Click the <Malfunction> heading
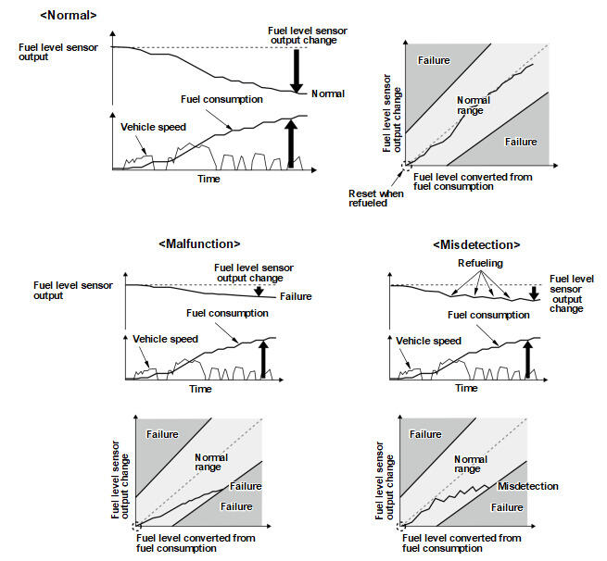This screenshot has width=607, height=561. click(x=199, y=243)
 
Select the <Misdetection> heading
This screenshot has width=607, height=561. click(x=475, y=244)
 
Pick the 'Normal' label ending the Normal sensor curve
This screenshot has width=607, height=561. click(x=328, y=93)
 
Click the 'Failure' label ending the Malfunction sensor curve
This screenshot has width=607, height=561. click(x=296, y=296)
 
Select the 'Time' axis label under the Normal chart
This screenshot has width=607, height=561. click(x=209, y=179)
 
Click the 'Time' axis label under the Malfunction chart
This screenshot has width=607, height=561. click(x=200, y=389)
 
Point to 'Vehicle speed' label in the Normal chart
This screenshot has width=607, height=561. click(x=153, y=127)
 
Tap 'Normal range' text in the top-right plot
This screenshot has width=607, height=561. click(x=471, y=106)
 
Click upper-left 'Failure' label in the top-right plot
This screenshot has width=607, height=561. click(x=434, y=60)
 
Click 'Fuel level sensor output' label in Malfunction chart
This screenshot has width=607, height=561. click(x=72, y=290)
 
